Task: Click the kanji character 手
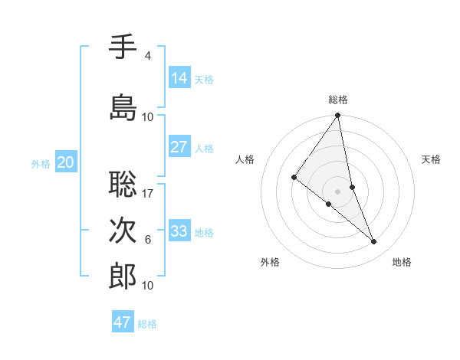click(x=123, y=47)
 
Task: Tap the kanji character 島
click(x=123, y=107)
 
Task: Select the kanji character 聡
click(x=123, y=184)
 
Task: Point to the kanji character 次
click(x=123, y=230)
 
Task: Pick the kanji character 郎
click(x=123, y=277)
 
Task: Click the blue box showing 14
click(x=179, y=78)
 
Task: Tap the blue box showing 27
click(x=179, y=147)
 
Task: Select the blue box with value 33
click(x=179, y=231)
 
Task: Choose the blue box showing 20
click(x=65, y=162)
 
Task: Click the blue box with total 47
click(x=123, y=322)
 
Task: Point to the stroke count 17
click(x=148, y=193)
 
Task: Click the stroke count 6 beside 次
click(x=148, y=240)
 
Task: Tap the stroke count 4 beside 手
click(x=148, y=56)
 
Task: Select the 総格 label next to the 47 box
click(x=147, y=324)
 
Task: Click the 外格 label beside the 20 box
click(x=41, y=163)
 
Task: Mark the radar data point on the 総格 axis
click(x=337, y=116)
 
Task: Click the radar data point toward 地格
click(x=374, y=242)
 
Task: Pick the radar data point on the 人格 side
click(x=294, y=177)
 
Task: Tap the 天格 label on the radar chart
click(x=432, y=159)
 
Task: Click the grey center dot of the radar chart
click(x=337, y=191)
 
